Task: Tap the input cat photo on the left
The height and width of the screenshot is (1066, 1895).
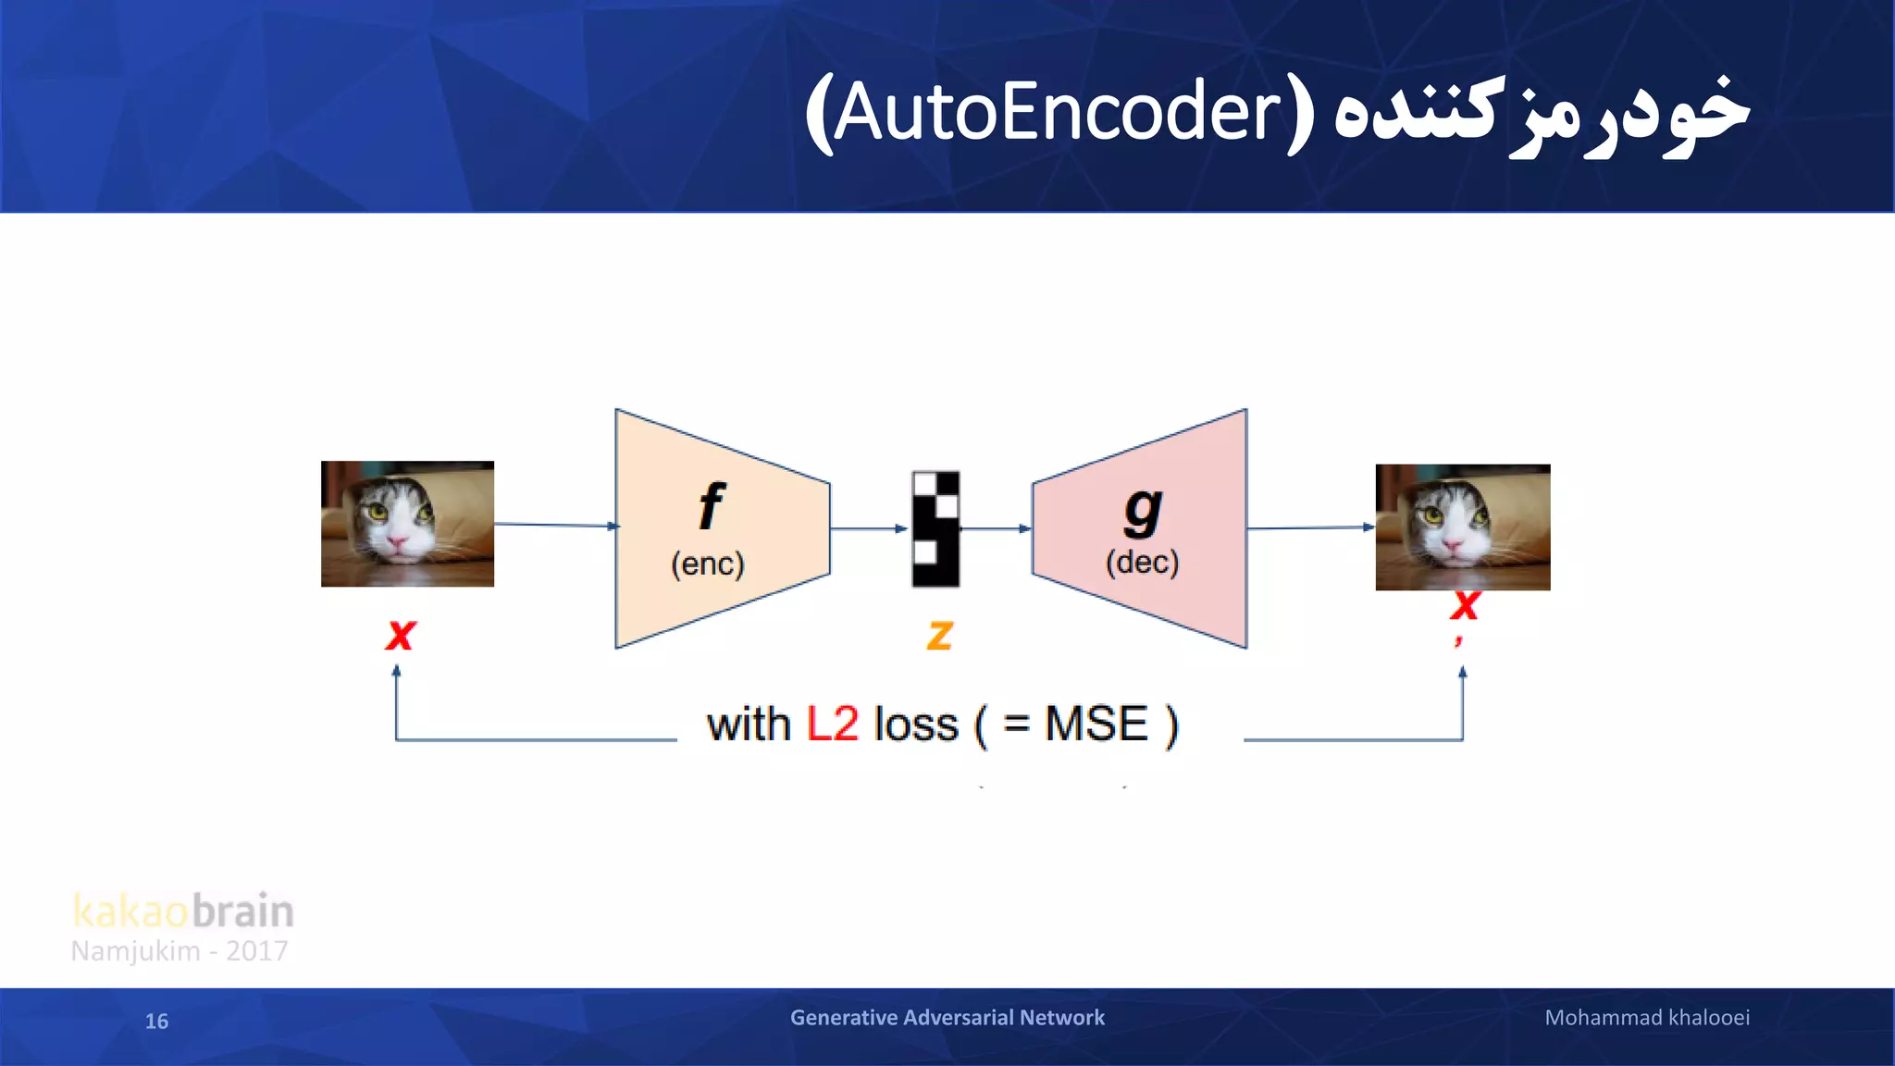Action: pyautogui.click(x=407, y=524)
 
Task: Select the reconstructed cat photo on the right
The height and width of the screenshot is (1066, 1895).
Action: pyautogui.click(x=1462, y=527)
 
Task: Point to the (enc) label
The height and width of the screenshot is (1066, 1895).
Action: pyautogui.click(x=708, y=564)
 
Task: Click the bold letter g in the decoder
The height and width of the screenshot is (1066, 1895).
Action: pyautogui.click(x=1143, y=509)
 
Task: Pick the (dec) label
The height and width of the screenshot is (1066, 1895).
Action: pyautogui.click(x=1143, y=562)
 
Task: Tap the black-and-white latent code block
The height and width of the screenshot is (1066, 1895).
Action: pyautogui.click(x=935, y=528)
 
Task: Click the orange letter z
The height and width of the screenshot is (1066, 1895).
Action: pyautogui.click(x=939, y=635)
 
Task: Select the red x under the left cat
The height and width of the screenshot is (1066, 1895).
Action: pyautogui.click(x=401, y=635)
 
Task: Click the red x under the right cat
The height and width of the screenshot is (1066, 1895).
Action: pyautogui.click(x=1464, y=606)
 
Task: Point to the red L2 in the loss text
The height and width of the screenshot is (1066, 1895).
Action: pyautogui.click(x=832, y=724)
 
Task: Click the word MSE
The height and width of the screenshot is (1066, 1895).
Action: pyautogui.click(x=1096, y=724)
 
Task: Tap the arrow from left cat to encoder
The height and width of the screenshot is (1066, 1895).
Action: pyautogui.click(x=555, y=525)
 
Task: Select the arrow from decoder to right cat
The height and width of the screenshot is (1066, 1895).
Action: pyautogui.click(x=1309, y=527)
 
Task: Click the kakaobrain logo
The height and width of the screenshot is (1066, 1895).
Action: pyautogui.click(x=183, y=911)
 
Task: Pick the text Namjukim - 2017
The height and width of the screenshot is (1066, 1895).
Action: pyautogui.click(x=180, y=951)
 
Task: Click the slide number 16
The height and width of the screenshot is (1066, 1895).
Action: pyautogui.click(x=156, y=1021)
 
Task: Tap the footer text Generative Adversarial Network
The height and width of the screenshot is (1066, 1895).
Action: pyautogui.click(x=947, y=1017)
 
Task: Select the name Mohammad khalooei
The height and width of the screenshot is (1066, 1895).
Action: pyautogui.click(x=1646, y=1017)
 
